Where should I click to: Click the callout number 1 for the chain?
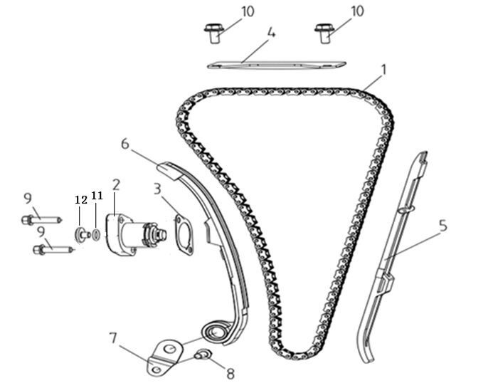coord(383,70)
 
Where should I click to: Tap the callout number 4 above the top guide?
coord(271,33)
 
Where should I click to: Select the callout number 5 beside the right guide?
coord(442,226)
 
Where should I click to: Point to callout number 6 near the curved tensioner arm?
coord(125,143)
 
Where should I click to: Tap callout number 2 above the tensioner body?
coord(116,184)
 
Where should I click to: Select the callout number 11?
coord(97,194)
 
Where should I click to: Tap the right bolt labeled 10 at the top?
coord(324,31)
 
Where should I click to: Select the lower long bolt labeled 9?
coord(50,249)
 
